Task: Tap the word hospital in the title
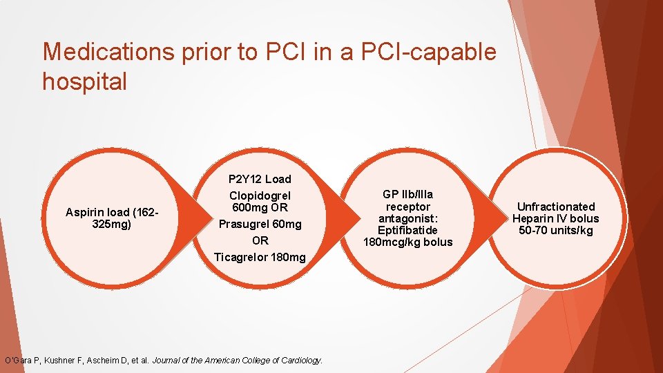[x=85, y=82]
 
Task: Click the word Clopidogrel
[x=260, y=195]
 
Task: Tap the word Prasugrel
[x=244, y=224]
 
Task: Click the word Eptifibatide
[x=408, y=230]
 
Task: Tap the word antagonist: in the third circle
[x=408, y=218]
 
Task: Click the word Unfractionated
[x=556, y=207]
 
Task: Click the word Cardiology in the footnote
[x=298, y=360]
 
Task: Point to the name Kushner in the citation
[x=64, y=360]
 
